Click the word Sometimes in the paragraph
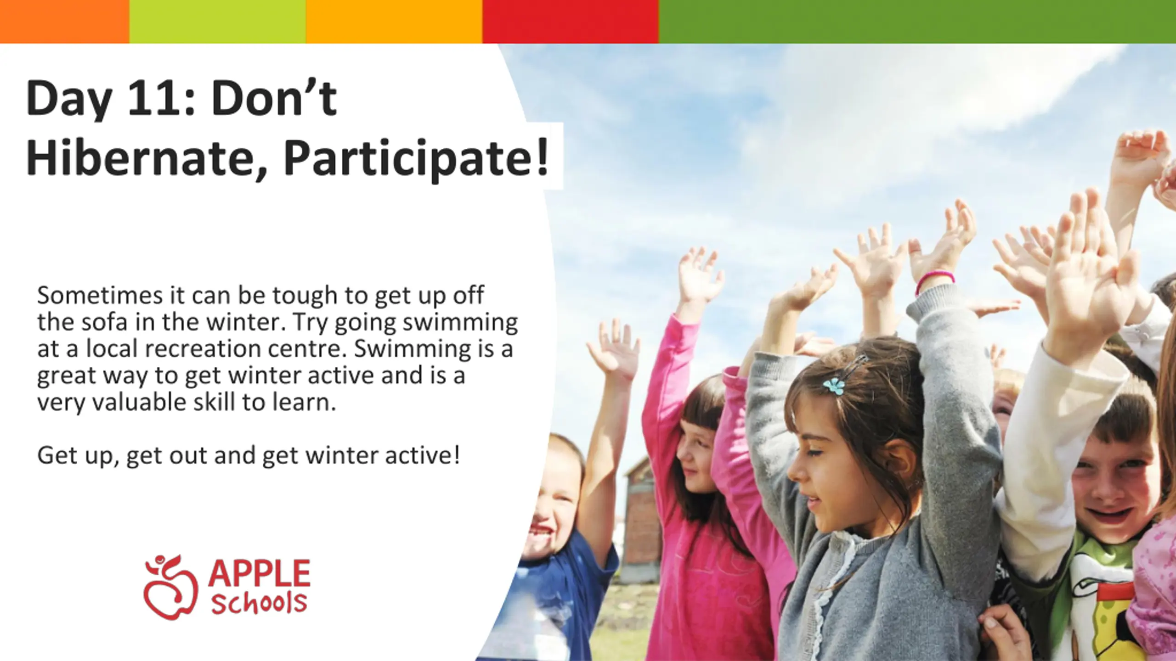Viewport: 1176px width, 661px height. pos(100,295)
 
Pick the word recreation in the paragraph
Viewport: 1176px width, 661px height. pos(203,349)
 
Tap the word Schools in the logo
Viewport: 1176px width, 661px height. pos(259,602)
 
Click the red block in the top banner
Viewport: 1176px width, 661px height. pos(571,22)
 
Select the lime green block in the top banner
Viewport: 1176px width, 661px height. pos(218,22)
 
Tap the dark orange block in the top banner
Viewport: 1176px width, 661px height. pos(65,22)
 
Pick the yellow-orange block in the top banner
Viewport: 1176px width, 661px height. pos(394,22)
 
